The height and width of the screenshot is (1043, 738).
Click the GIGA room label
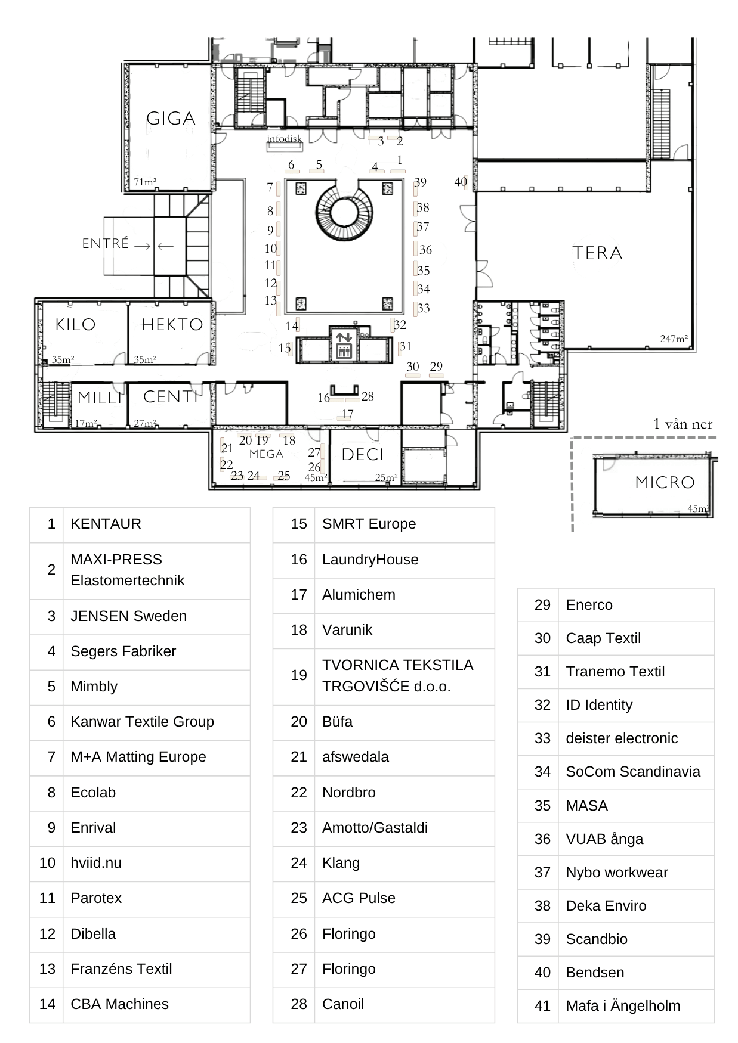pyautogui.click(x=171, y=119)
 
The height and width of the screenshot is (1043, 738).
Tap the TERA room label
pyautogui.click(x=597, y=253)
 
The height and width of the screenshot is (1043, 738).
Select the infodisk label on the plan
pyautogui.click(x=285, y=139)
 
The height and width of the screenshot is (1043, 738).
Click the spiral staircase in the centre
pyautogui.click(x=343, y=212)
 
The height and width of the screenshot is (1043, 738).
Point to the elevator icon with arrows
pyautogui.click(x=344, y=344)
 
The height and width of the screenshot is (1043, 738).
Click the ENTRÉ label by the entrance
pyautogui.click(x=106, y=243)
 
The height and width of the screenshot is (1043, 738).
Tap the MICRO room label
pyautogui.click(x=665, y=482)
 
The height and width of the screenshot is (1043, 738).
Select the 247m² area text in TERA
pyautogui.click(x=674, y=339)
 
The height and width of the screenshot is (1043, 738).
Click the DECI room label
pyautogui.click(x=362, y=455)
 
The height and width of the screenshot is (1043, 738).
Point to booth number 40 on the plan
pyautogui.click(x=460, y=182)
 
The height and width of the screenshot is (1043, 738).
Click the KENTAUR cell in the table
pyautogui.click(x=106, y=524)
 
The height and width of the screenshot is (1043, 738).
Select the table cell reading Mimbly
pyautogui.click(x=94, y=686)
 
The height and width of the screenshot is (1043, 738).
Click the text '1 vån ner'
pyautogui.click(x=683, y=424)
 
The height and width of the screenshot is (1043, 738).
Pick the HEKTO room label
pyautogui.click(x=172, y=325)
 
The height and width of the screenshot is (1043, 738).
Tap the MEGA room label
pyautogui.click(x=266, y=454)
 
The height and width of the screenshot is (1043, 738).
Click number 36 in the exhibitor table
pyautogui.click(x=542, y=839)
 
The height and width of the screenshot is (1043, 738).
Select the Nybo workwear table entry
pyautogui.click(x=616, y=872)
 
